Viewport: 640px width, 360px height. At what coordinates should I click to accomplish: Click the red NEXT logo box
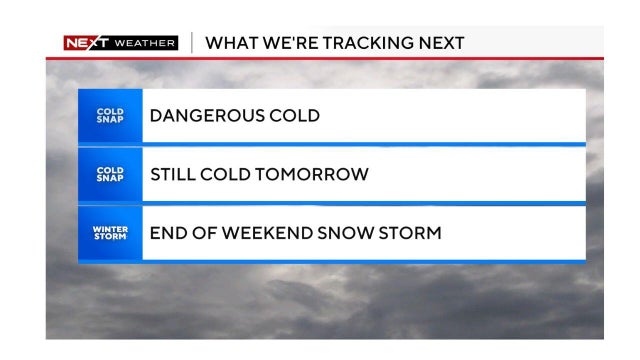(x=86, y=43)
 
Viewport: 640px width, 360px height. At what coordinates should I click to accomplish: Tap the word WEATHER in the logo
(x=145, y=43)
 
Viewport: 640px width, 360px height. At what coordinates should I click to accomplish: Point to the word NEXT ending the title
(x=442, y=43)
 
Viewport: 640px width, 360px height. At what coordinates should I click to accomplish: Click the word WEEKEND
(x=267, y=233)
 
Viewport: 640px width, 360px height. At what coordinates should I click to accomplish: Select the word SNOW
(x=345, y=233)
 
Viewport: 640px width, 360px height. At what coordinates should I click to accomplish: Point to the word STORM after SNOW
(x=410, y=233)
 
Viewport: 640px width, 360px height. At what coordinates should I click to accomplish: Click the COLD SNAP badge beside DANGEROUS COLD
(x=110, y=116)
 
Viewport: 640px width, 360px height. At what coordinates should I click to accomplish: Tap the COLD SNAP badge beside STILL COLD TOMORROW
(x=110, y=174)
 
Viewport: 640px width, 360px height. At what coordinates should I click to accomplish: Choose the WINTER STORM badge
(x=110, y=233)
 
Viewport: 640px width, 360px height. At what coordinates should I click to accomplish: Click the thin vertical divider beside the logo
(x=192, y=43)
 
